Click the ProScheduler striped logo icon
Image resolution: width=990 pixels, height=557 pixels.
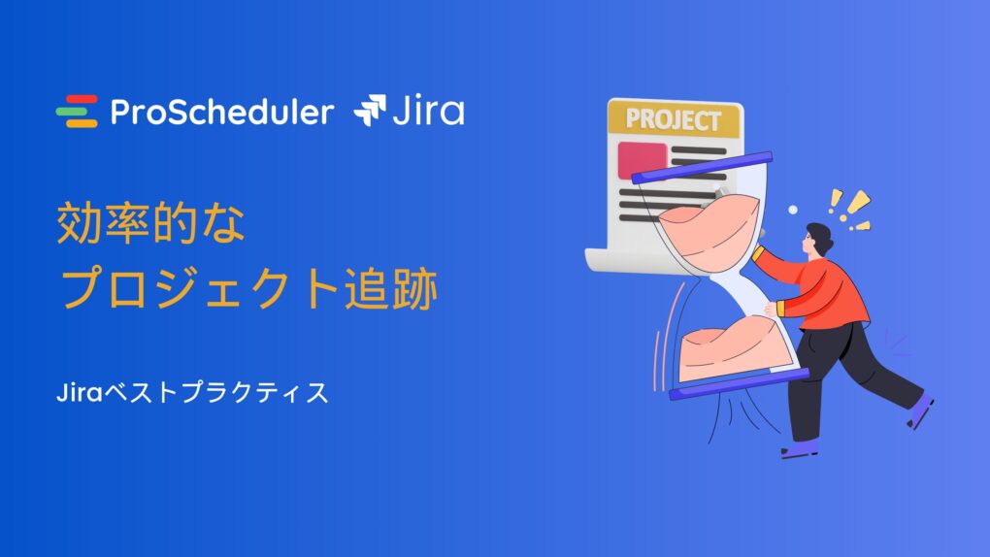tap(77, 112)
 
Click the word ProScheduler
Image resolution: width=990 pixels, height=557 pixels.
tap(222, 112)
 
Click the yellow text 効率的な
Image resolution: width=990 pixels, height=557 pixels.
tap(150, 223)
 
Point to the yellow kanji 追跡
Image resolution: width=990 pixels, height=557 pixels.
tap(391, 288)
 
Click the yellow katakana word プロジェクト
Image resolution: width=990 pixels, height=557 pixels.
tap(200, 288)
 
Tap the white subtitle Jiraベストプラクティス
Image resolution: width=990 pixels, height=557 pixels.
tap(192, 392)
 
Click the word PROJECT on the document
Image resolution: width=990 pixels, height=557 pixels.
tap(673, 119)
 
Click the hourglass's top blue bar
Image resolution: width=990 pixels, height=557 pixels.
tap(702, 167)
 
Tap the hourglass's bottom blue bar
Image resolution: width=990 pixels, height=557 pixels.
tap(740, 384)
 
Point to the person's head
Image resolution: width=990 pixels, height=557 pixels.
tap(817, 240)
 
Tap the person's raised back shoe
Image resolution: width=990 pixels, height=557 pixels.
tap(920, 410)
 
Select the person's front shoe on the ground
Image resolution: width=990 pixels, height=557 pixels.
tap(800, 449)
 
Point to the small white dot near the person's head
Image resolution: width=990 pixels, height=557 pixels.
tap(793, 210)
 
